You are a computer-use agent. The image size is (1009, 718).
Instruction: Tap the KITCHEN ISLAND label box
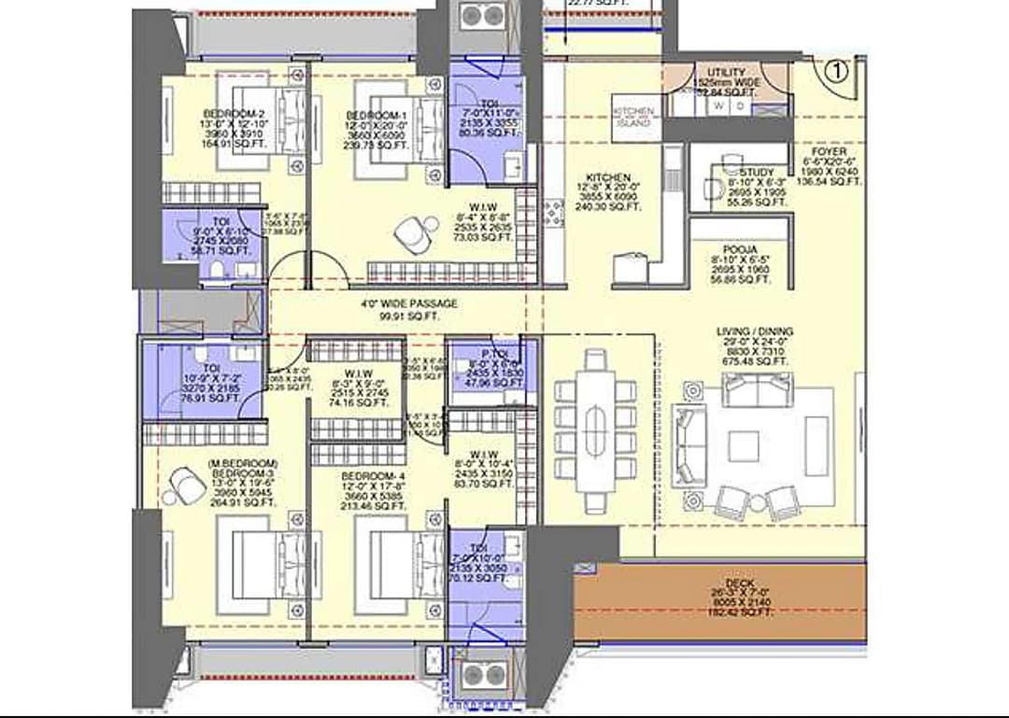tap(633, 118)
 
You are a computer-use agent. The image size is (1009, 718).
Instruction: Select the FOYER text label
tap(829, 151)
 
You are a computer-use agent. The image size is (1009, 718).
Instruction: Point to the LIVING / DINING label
tap(754, 331)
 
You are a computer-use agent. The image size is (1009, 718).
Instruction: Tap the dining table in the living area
tap(593, 430)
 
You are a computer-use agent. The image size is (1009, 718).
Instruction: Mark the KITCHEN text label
tap(608, 177)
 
